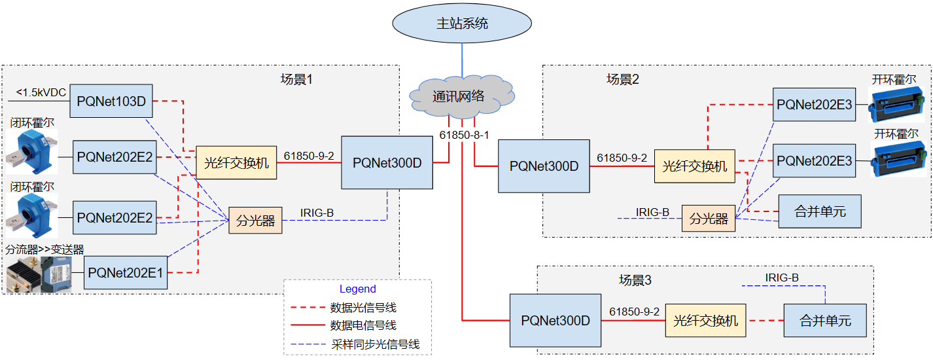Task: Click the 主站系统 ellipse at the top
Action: [462, 24]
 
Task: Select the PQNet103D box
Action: [111, 101]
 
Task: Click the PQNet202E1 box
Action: [126, 272]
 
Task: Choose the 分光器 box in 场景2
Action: [709, 219]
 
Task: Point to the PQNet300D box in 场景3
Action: [555, 321]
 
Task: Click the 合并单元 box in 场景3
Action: [825, 321]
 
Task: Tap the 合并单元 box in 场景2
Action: [820, 211]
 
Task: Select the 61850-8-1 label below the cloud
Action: [464, 135]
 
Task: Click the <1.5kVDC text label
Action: [41, 92]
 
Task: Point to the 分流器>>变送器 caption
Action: [45, 249]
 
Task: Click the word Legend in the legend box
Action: [357, 289]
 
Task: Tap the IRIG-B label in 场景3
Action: [782, 278]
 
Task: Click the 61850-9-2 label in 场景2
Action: [622, 158]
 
